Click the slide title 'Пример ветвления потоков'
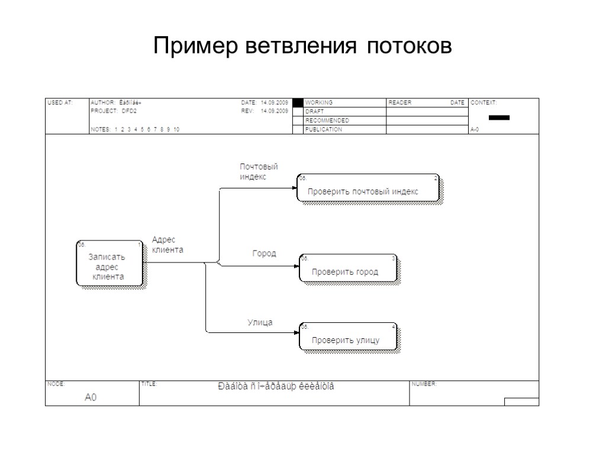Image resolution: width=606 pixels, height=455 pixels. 302,46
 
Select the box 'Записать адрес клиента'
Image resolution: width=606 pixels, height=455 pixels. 109,264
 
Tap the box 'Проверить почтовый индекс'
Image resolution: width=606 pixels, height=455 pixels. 368,188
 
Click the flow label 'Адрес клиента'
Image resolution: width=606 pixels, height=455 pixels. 167,245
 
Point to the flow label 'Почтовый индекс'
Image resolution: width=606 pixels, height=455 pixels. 259,172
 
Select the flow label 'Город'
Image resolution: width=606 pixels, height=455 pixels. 264,253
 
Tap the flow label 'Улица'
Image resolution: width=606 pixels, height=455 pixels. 260,322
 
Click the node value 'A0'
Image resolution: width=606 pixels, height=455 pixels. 90,398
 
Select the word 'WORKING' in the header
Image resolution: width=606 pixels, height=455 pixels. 318,102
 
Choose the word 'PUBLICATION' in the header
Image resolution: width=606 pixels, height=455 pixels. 323,129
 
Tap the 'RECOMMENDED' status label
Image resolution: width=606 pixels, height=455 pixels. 327,120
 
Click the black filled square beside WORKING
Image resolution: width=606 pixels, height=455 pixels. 298,102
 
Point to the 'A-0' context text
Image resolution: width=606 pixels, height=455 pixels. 474,129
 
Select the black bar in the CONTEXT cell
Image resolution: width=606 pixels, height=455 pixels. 499,117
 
